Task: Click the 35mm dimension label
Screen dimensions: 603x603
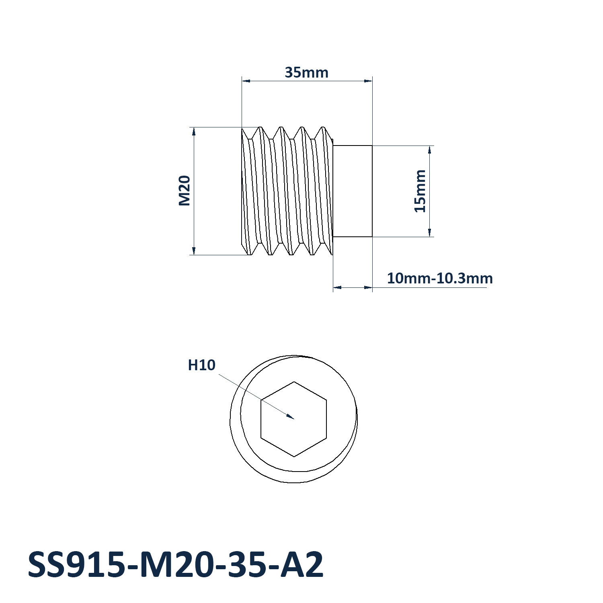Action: (307, 73)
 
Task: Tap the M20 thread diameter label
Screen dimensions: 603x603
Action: (184, 191)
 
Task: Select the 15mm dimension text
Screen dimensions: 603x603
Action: (420, 191)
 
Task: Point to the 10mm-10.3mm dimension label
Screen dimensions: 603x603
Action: (440, 278)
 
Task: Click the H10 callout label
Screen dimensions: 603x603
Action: (202, 365)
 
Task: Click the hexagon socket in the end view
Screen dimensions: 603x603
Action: (294, 419)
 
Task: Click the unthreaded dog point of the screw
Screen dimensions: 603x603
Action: (353, 191)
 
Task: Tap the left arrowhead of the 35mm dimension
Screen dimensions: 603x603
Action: (246, 81)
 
